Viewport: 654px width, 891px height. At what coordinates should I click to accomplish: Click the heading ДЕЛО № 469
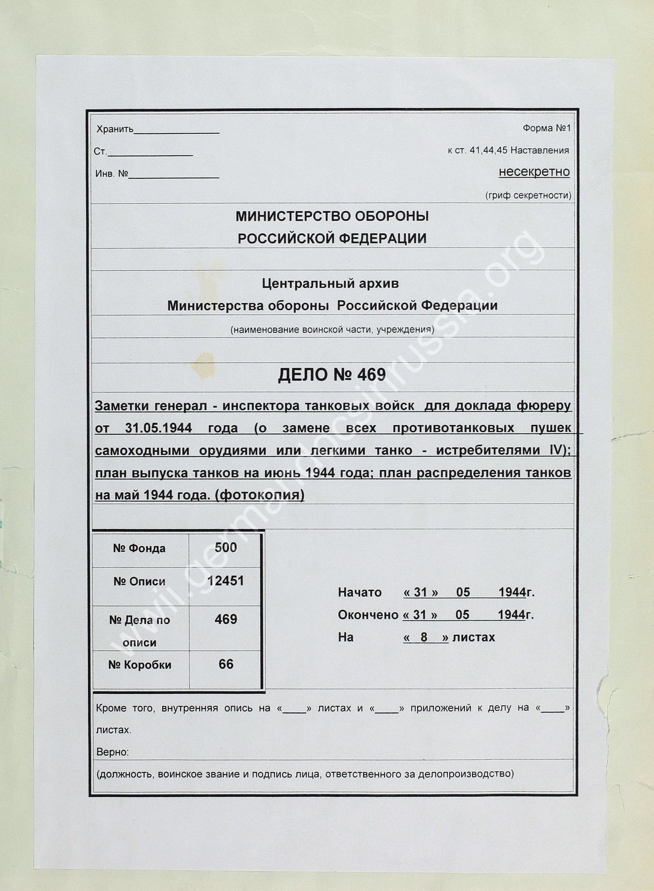click(332, 375)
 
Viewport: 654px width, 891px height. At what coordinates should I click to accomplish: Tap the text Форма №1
click(546, 128)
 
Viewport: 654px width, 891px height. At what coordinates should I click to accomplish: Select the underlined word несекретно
click(534, 172)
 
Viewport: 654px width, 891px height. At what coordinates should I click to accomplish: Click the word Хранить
click(115, 129)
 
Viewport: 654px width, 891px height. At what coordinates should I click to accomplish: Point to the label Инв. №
click(111, 174)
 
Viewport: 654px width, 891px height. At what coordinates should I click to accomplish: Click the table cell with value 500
click(225, 548)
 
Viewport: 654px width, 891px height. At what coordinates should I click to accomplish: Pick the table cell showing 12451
click(225, 581)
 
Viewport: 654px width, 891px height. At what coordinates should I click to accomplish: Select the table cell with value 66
click(225, 664)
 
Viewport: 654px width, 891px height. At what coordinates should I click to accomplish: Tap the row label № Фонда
click(139, 549)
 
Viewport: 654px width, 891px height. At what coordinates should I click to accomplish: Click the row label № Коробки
click(139, 665)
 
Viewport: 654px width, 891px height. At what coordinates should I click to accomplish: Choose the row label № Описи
click(139, 582)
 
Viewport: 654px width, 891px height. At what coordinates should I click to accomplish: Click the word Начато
click(360, 593)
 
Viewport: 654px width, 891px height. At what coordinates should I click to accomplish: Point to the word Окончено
click(368, 615)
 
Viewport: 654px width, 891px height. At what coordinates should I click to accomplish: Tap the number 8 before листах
click(424, 638)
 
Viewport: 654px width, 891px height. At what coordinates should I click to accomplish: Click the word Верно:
click(112, 752)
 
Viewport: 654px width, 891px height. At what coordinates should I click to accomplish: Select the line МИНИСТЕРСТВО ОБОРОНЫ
click(332, 217)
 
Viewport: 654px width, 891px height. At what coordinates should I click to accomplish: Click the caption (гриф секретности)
click(528, 196)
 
